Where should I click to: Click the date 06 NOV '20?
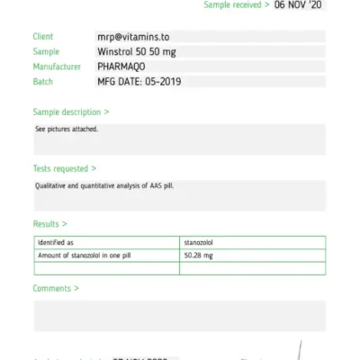pyautogui.click(x=299, y=5)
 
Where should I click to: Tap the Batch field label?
pyautogui.click(x=43, y=82)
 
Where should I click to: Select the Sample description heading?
pyautogui.click(x=71, y=112)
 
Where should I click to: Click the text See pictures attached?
pyautogui.click(x=67, y=130)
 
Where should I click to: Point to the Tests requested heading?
pyautogui.click(x=64, y=168)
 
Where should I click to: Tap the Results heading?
pyautogui.click(x=50, y=224)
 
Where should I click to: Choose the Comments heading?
pyautogui.click(x=56, y=289)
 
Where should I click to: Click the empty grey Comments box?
pyautogui.click(x=180, y=316)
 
